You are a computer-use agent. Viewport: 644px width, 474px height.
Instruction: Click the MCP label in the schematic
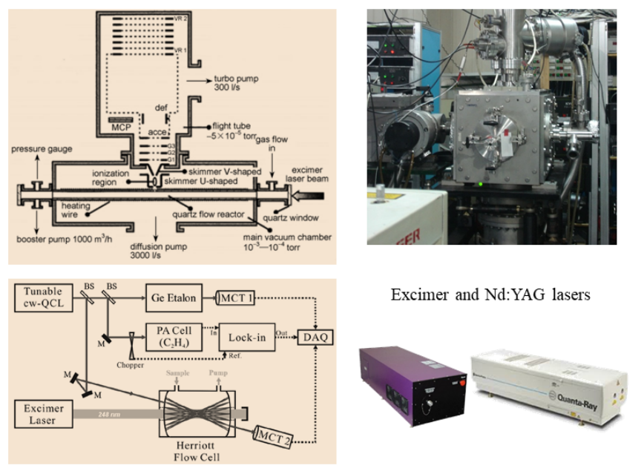pyautogui.click(x=119, y=127)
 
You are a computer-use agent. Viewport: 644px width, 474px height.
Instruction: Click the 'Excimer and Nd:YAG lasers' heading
pyautogui.click(x=490, y=294)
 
